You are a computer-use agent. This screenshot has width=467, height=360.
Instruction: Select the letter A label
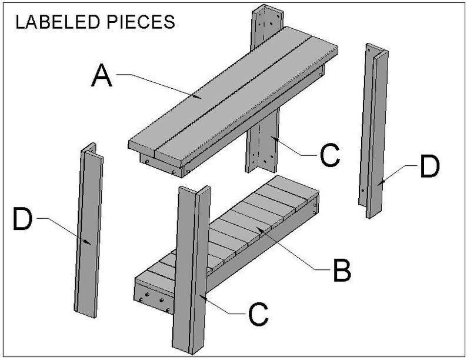click(102, 76)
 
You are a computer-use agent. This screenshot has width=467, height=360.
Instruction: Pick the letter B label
click(342, 270)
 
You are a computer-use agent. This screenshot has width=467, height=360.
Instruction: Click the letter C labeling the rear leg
click(330, 155)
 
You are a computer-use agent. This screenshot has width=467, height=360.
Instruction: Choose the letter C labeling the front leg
click(258, 314)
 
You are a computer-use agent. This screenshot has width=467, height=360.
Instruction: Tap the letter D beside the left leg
click(22, 219)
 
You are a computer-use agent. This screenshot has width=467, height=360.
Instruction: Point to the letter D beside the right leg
click(430, 166)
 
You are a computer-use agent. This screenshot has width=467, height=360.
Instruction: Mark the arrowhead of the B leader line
click(261, 230)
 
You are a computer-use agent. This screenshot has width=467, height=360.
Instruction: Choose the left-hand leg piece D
click(89, 230)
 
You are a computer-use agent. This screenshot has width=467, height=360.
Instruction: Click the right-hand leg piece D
click(373, 131)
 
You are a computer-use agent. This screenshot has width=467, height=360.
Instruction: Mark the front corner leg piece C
click(191, 269)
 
